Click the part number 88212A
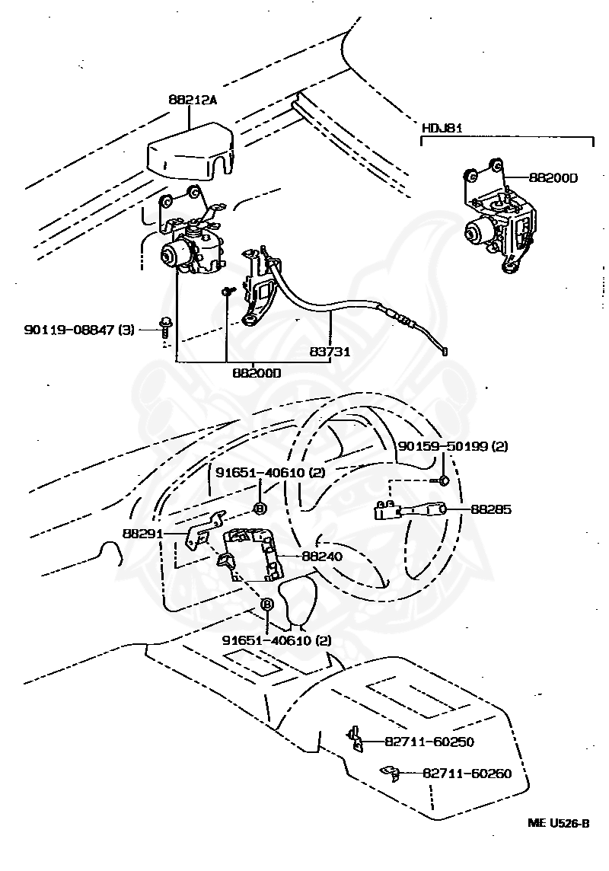(x=191, y=98)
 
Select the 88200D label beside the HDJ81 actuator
(x=553, y=178)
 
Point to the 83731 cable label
(x=328, y=352)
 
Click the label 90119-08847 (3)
(x=79, y=330)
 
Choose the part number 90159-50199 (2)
(x=452, y=447)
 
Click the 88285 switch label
(x=491, y=509)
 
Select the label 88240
(x=322, y=557)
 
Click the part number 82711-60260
(x=467, y=774)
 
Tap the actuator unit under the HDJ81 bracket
(x=495, y=225)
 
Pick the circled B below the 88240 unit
(x=267, y=604)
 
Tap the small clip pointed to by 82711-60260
(x=391, y=774)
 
